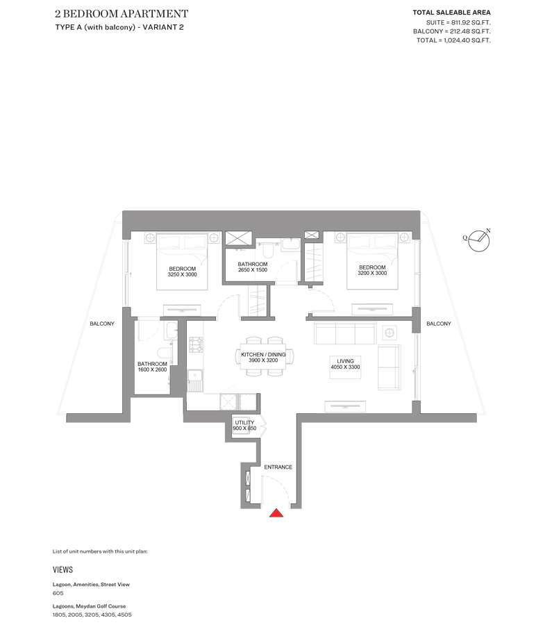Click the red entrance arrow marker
276,513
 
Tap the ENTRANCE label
278,467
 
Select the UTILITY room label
244,422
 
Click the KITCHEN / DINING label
263,354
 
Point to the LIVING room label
345,361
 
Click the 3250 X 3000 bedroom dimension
182,274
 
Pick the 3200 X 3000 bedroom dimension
372,273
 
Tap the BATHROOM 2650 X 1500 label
253,267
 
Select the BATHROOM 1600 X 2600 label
152,367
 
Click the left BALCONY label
102,324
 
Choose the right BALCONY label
439,324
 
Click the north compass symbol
478,240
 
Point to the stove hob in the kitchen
196,344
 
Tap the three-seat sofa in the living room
345,333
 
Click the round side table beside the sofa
390,333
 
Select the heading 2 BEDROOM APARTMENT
122,14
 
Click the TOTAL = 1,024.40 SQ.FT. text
453,40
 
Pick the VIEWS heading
63,569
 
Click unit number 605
58,593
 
